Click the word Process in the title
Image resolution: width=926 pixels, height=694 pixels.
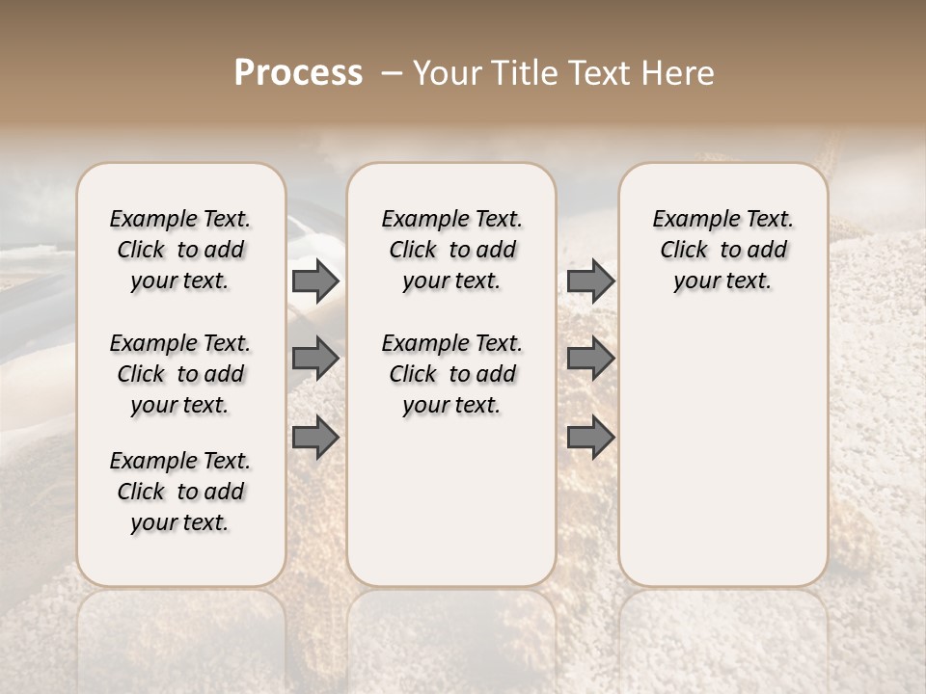point(298,73)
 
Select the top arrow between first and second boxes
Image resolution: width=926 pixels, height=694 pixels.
point(315,281)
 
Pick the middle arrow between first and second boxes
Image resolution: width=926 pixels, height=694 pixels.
point(315,359)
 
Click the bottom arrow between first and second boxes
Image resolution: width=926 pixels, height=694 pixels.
point(315,437)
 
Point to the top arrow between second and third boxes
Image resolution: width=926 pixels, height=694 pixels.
point(590,281)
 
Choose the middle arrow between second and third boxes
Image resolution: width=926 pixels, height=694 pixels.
point(590,359)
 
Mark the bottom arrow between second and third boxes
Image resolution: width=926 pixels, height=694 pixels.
point(590,437)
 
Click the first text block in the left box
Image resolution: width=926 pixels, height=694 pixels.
point(180,251)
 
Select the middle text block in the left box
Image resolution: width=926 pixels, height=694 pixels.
point(180,374)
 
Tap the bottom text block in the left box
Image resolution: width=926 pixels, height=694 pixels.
point(180,492)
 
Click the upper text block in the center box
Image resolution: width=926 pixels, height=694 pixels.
point(452,251)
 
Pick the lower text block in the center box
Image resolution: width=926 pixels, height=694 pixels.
point(452,374)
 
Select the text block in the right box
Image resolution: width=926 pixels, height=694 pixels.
point(723,251)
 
